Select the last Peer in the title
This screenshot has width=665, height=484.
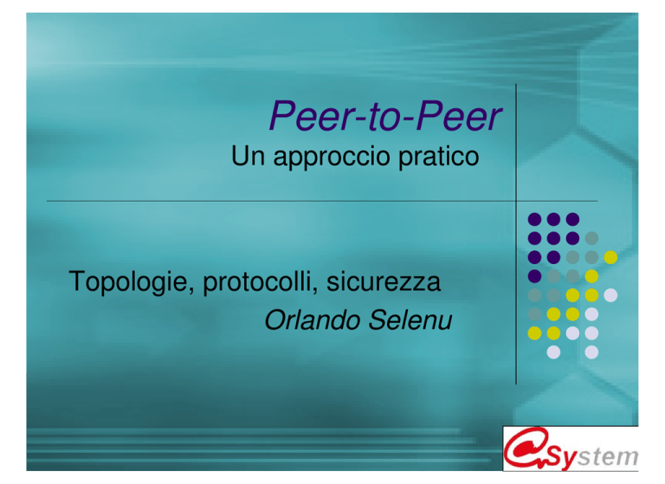(x=459, y=115)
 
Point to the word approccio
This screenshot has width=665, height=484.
(x=332, y=158)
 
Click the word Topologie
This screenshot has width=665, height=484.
(x=128, y=282)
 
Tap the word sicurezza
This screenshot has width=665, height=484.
(x=384, y=281)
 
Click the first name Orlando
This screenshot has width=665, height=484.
(x=312, y=319)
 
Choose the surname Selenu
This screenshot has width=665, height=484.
(x=410, y=319)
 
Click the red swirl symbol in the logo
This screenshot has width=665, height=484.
(x=526, y=448)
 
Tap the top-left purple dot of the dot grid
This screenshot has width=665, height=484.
(x=534, y=219)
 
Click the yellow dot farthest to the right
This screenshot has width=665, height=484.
(x=610, y=257)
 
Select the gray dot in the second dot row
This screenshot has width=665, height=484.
(x=591, y=238)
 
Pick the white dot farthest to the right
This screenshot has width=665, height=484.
(x=610, y=294)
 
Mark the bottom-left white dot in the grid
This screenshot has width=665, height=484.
(x=553, y=352)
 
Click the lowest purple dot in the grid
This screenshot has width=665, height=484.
(x=534, y=276)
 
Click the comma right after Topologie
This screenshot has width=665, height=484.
(x=190, y=290)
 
